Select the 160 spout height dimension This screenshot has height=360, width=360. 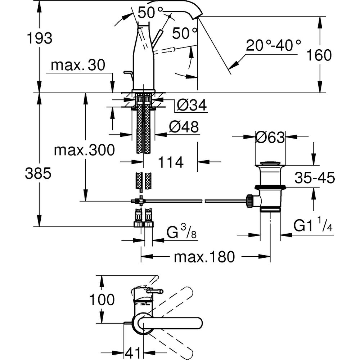point(319,55)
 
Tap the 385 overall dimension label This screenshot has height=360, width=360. point(38,174)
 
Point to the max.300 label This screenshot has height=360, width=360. point(84,150)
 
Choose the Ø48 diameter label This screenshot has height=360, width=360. point(184,127)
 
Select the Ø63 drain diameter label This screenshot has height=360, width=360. point(270,137)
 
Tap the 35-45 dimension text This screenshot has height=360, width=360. point(315,177)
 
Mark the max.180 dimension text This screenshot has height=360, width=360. point(204,257)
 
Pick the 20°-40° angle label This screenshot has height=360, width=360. point(273,46)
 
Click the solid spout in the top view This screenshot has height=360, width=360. point(173,323)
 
